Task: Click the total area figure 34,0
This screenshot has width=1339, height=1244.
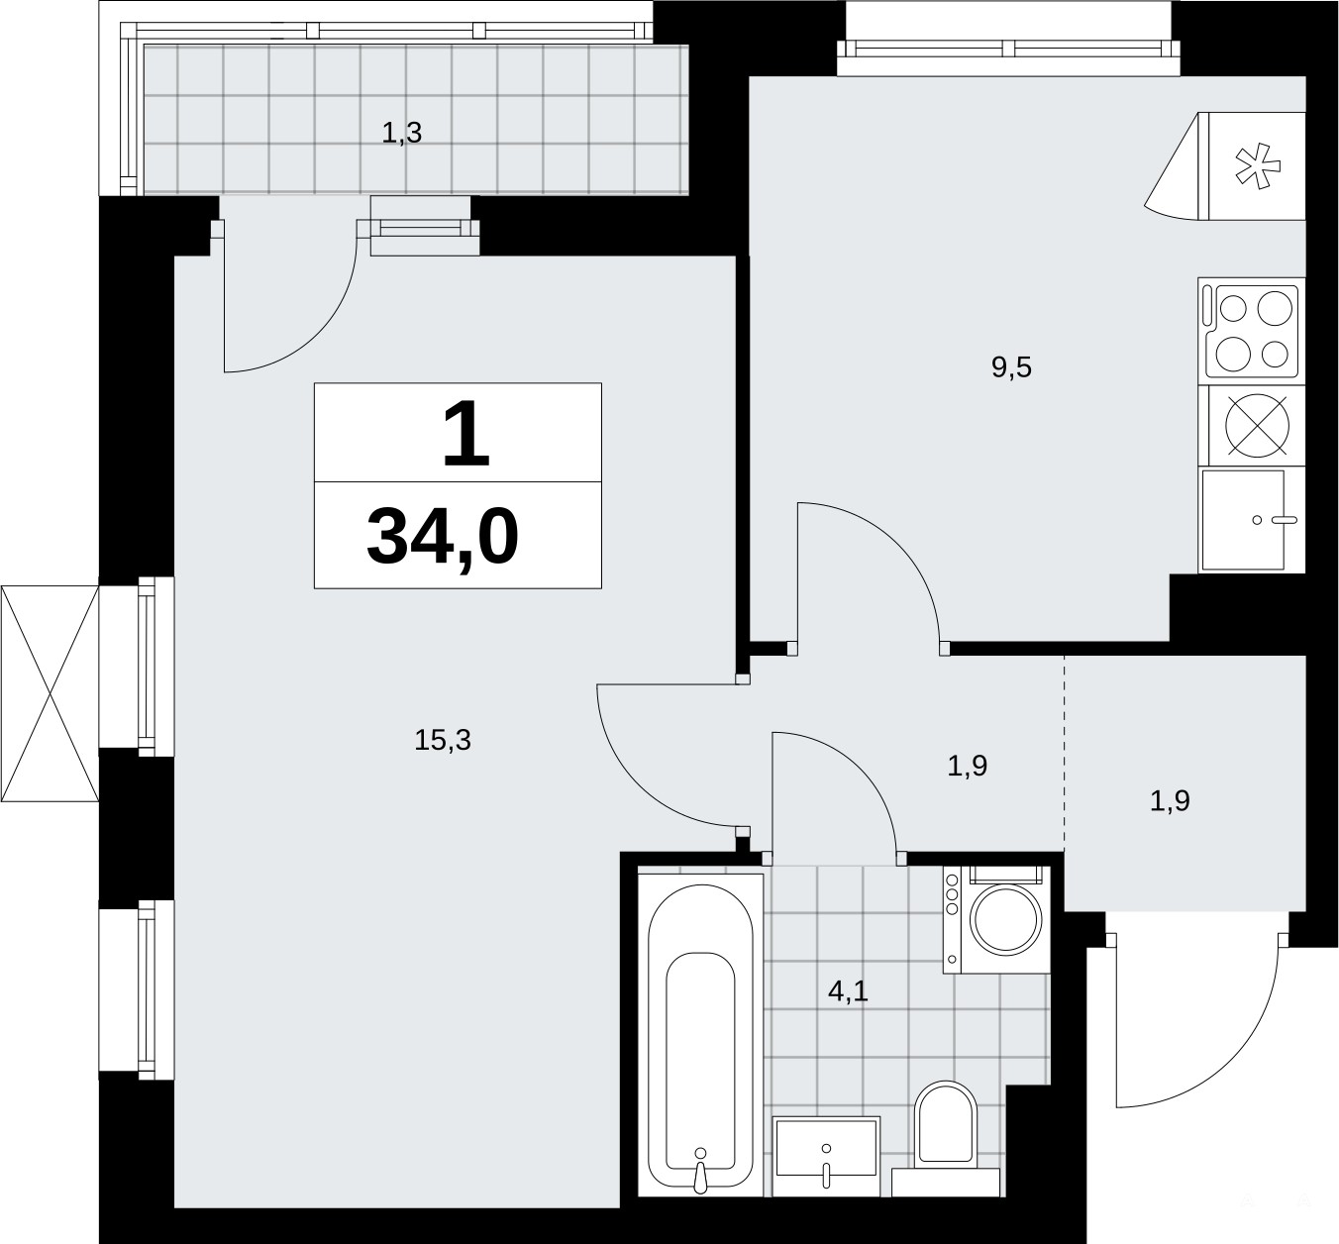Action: (x=443, y=538)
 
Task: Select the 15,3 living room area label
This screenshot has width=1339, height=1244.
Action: (x=443, y=740)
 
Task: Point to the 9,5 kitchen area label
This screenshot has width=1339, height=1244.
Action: (x=1011, y=367)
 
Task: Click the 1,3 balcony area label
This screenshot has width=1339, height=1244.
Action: (x=402, y=133)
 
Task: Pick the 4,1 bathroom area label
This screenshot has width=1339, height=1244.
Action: (x=848, y=991)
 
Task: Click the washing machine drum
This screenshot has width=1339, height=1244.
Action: (x=1006, y=919)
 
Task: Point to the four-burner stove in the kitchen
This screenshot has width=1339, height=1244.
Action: (x=1252, y=331)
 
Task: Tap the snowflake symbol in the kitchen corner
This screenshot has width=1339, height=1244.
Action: (x=1258, y=165)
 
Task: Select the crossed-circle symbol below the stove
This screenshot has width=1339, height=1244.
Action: (x=1257, y=426)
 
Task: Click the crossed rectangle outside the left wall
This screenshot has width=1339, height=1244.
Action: (x=50, y=694)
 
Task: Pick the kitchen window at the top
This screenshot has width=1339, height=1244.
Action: (x=1008, y=50)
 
